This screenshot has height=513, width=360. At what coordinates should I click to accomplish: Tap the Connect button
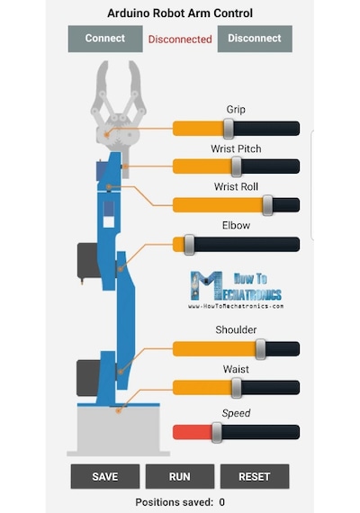pos(105,39)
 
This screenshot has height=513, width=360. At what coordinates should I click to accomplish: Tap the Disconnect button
pos(255,39)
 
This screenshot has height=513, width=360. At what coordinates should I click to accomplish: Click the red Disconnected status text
pos(180,40)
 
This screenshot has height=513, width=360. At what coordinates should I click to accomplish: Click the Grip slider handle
pos(229,129)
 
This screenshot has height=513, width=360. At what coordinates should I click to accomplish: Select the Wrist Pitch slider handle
pos(237,166)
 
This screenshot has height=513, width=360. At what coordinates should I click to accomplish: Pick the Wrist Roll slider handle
pos(267,205)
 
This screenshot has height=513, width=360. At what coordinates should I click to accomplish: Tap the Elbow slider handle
pos(189,245)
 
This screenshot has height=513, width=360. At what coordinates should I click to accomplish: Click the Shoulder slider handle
pos(260,349)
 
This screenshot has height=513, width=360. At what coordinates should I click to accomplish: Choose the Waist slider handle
pos(237,388)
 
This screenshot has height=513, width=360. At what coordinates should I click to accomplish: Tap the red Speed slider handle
pos(217,433)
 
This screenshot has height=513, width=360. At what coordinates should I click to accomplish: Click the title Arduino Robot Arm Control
pos(180,13)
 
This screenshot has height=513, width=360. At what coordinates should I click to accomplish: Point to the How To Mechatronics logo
pos(236,290)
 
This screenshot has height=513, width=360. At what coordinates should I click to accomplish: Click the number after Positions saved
pos(222,502)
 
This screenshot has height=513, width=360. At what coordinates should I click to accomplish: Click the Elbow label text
pos(236,225)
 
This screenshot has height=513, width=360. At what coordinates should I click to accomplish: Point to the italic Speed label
pos(236,413)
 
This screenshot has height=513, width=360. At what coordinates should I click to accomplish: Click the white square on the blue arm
pos(109,221)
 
